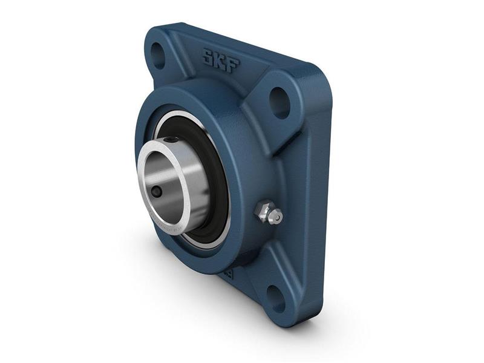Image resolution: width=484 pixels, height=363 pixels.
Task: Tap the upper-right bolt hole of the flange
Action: point(279,103)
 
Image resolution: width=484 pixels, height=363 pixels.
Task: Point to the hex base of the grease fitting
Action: point(261,211)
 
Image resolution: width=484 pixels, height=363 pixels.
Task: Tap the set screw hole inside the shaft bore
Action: point(157,192)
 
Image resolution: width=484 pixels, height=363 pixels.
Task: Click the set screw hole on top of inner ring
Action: point(174,140)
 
